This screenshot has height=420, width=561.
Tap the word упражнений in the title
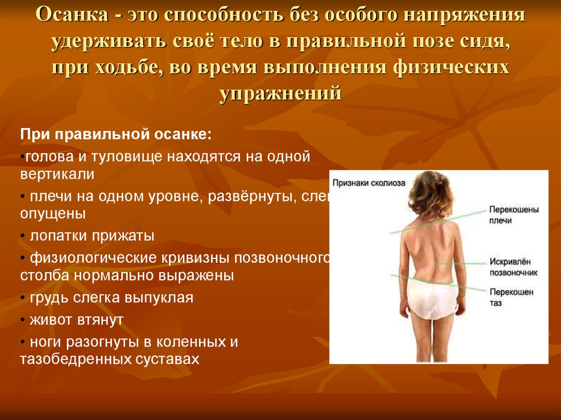click(280, 93)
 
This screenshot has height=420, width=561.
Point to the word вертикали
click(58, 174)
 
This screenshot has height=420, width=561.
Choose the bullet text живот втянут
click(77, 320)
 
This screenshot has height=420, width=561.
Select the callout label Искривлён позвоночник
click(513, 267)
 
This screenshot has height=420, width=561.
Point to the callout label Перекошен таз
click(512, 297)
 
